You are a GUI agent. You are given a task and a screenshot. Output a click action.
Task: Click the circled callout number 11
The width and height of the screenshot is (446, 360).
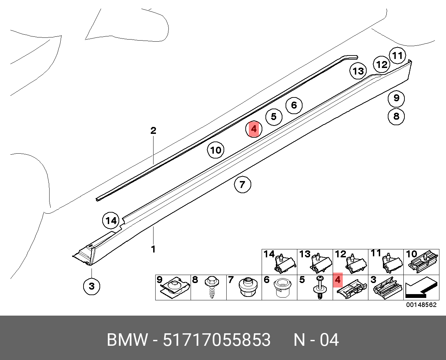(x=397, y=55)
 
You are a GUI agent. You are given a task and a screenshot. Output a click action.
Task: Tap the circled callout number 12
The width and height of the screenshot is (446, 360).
(x=382, y=65)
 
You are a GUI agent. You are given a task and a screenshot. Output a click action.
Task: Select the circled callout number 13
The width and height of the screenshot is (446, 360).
(x=358, y=71)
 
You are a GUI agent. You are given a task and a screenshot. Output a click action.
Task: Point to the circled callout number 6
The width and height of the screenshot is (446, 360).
(x=294, y=105)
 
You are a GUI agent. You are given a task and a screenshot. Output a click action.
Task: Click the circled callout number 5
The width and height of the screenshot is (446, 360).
(x=274, y=117)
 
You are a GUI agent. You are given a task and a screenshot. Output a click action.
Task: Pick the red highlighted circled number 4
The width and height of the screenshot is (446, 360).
(x=254, y=129)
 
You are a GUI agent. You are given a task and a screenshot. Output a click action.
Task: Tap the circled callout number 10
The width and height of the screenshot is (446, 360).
(x=216, y=150)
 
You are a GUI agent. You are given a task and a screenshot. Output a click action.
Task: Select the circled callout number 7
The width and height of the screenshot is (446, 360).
(x=242, y=184)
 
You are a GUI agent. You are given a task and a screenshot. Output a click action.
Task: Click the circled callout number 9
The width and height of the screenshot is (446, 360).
(x=396, y=98)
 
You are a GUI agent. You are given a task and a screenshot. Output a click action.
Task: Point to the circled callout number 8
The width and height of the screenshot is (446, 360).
(x=396, y=116)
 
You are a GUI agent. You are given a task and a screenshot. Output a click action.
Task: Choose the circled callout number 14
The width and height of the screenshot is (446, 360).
(x=111, y=221)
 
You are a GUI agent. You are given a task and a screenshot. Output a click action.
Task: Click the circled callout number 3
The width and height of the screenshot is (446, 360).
(x=91, y=286)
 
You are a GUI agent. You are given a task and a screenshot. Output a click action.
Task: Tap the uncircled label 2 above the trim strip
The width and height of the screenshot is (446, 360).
(x=153, y=131)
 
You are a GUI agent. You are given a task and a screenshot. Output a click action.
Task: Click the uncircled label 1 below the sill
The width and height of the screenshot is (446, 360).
(x=153, y=249)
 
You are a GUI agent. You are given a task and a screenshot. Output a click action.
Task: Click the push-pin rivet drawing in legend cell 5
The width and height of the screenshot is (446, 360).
(x=320, y=288)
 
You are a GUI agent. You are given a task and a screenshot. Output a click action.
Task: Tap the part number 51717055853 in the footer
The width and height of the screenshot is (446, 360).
(x=217, y=340)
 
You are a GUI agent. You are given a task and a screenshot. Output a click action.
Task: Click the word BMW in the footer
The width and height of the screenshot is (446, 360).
(x=127, y=340)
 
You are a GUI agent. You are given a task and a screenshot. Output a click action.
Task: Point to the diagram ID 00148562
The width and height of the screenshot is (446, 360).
(x=421, y=305)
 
